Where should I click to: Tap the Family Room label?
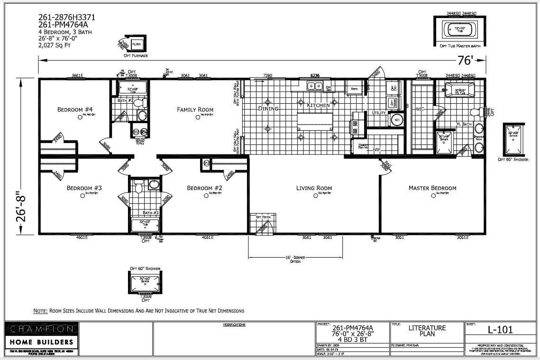[x=195, y=109]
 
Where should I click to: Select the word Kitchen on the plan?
[x=318, y=105]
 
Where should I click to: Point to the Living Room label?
[x=314, y=188]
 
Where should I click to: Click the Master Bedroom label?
[x=432, y=188]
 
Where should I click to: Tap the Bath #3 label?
[x=150, y=213]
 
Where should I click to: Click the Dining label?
[x=268, y=108]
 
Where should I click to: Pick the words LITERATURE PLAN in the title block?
[x=427, y=330]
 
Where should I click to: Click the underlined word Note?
[x=40, y=311]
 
